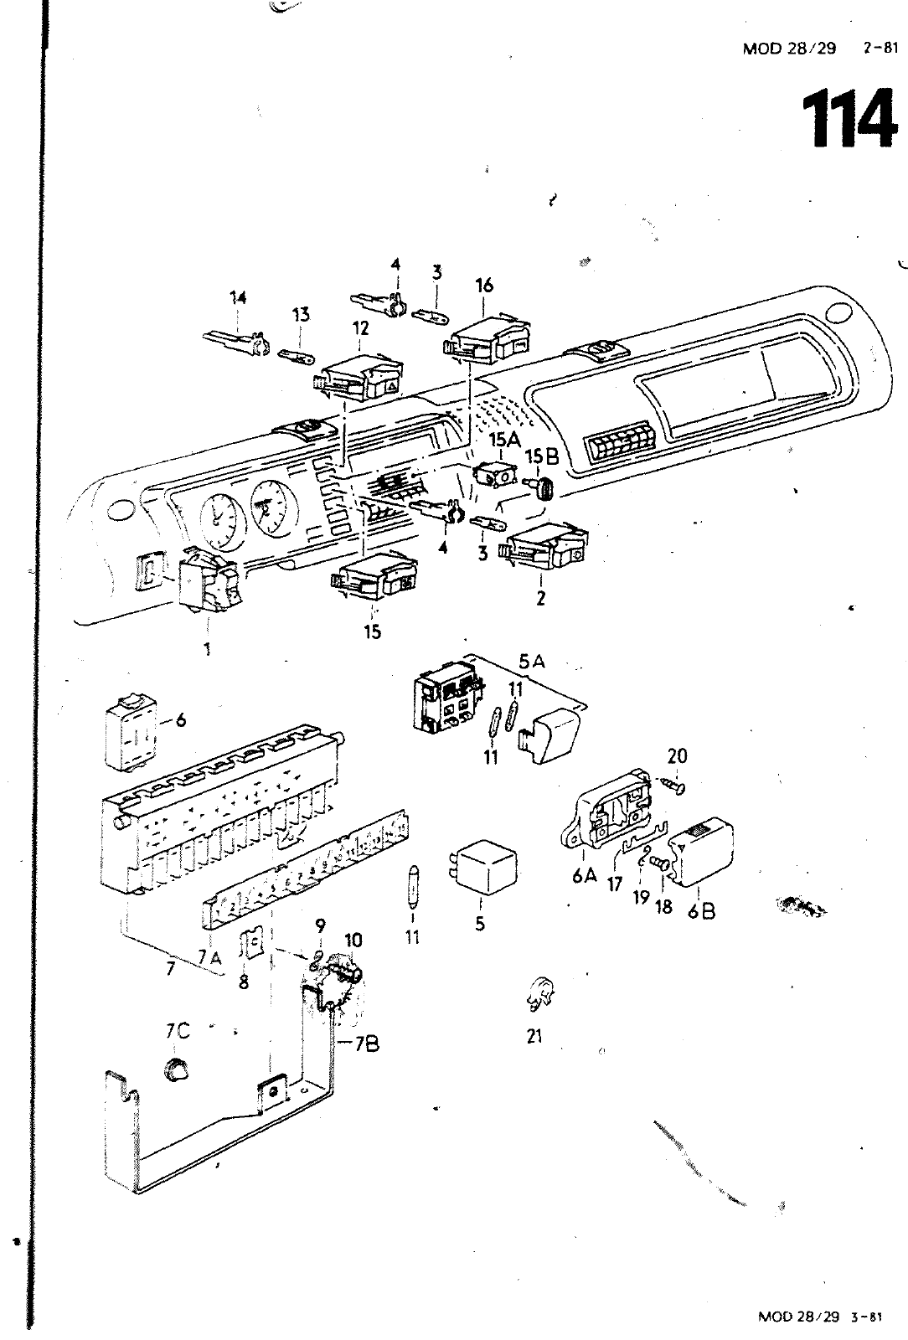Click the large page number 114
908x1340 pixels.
pos(849,119)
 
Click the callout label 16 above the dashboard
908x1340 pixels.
pos(484,286)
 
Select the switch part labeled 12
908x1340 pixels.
pos(362,374)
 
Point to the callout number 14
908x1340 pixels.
pos(239,296)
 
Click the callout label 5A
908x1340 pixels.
pos(531,661)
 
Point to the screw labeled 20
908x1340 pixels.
pos(671,786)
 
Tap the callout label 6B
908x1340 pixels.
pos(702,910)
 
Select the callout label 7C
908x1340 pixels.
pos(177,1031)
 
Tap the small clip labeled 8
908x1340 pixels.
pos(250,946)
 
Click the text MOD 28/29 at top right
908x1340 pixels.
pos(789,48)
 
